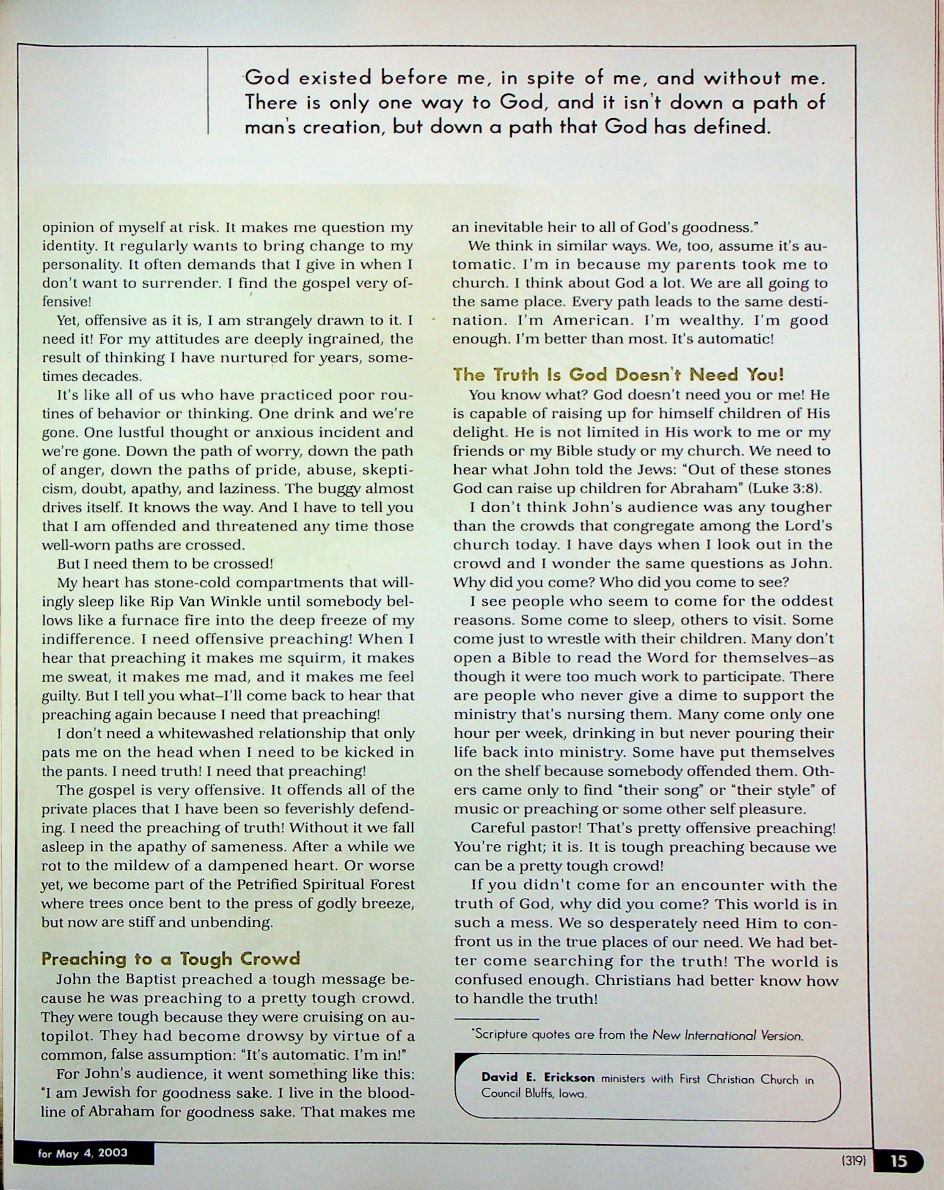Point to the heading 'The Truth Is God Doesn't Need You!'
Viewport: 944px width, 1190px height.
pyautogui.click(x=618, y=375)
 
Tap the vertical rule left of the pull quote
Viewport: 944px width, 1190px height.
pyautogui.click(x=208, y=91)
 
